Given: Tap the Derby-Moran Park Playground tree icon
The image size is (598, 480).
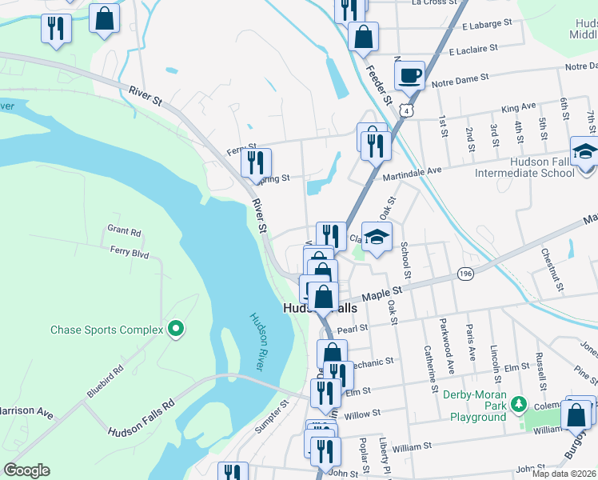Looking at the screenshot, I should (x=519, y=403).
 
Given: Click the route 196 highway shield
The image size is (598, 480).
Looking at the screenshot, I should (x=465, y=274).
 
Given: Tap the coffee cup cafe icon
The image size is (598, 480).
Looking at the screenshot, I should (x=409, y=74).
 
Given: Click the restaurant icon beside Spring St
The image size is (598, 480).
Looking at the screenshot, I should (x=256, y=162).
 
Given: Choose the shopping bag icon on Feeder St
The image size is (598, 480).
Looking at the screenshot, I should (x=363, y=37).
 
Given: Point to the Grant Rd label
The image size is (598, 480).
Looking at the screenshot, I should (x=124, y=232).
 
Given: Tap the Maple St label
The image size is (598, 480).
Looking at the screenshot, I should (x=380, y=296).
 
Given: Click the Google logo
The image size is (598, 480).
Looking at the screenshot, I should (x=26, y=470).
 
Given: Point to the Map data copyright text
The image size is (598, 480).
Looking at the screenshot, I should (x=564, y=474).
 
